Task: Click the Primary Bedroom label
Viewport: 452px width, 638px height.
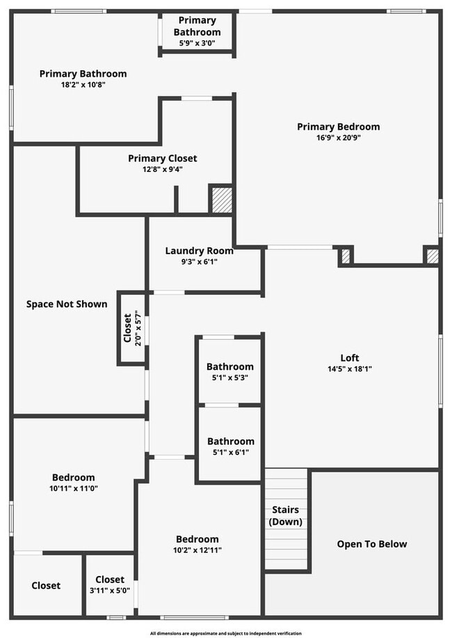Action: [338, 127]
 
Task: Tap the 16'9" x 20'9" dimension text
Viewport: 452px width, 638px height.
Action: [338, 138]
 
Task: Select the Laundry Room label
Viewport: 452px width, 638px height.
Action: [199, 251]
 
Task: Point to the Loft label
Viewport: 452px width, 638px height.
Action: [350, 358]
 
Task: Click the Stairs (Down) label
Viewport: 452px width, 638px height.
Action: [285, 516]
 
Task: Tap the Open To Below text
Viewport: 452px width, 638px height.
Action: [372, 544]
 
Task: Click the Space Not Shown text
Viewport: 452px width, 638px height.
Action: [67, 304]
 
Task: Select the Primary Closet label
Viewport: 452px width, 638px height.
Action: [162, 158]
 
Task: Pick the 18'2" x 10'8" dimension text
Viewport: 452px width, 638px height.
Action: [83, 84]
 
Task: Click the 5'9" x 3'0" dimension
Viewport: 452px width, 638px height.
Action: [197, 43]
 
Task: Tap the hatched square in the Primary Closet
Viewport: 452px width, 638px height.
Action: [221, 199]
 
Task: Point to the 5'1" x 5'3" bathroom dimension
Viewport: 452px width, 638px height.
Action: [229, 378]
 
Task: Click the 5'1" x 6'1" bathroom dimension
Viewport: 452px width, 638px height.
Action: [230, 452]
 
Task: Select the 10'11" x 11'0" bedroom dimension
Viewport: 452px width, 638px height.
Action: [73, 488]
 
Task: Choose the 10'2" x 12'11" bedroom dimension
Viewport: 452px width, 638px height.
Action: [197, 550]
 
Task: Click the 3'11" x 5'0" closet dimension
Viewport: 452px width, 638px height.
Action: [109, 591]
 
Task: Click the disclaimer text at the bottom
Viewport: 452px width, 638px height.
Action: [226, 633]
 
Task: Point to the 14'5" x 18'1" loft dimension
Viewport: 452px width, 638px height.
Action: [350, 369]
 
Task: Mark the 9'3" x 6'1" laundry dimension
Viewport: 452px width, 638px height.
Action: [199, 262]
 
